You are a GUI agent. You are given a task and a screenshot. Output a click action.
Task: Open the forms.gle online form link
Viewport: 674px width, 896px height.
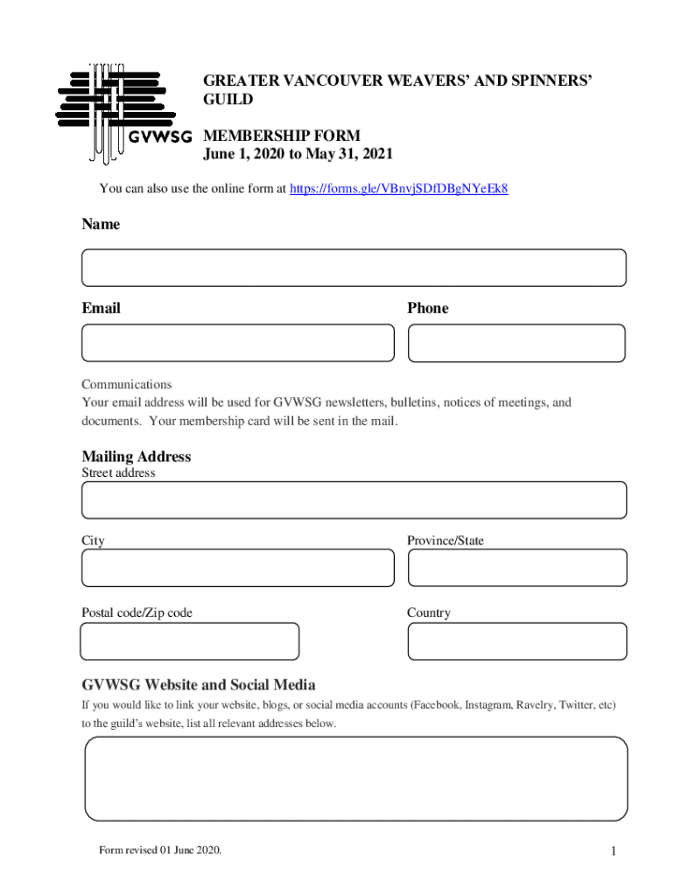[x=398, y=188]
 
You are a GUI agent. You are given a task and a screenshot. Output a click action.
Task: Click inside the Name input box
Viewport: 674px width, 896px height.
[x=354, y=268]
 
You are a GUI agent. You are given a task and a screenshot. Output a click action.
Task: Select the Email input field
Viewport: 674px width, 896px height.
[x=238, y=343]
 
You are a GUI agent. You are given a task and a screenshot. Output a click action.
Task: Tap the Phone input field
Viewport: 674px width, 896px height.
[x=516, y=343]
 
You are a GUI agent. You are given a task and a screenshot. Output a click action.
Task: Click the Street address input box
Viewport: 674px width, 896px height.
[x=354, y=500]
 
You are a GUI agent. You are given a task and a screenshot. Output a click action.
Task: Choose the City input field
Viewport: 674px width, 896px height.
[x=238, y=568]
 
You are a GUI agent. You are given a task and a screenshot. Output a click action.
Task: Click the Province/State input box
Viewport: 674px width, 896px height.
[x=516, y=568]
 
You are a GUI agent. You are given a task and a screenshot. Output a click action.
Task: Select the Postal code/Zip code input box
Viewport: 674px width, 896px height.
[x=190, y=641]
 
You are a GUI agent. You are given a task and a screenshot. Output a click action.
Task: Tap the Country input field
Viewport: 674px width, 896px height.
[x=516, y=641]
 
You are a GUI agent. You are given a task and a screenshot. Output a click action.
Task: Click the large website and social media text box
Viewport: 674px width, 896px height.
[x=355, y=778]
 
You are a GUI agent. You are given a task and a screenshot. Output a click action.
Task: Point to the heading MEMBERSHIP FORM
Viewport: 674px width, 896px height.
[x=282, y=136]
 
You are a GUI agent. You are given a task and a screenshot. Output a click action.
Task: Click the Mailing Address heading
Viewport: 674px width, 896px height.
[x=137, y=457]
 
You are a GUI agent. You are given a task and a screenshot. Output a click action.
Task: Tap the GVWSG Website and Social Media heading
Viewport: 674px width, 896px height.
[x=199, y=684]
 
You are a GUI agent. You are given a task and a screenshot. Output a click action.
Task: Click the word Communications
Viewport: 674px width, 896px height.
[x=127, y=384]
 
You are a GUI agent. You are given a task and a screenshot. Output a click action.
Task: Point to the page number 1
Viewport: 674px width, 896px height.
[x=614, y=851]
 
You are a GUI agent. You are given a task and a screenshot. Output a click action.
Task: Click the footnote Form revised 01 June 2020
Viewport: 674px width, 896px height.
[x=160, y=850]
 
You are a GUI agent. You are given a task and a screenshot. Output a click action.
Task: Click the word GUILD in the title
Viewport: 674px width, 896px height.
[x=228, y=100]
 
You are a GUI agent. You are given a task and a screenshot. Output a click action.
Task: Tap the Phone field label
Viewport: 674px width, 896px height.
[x=427, y=308]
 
